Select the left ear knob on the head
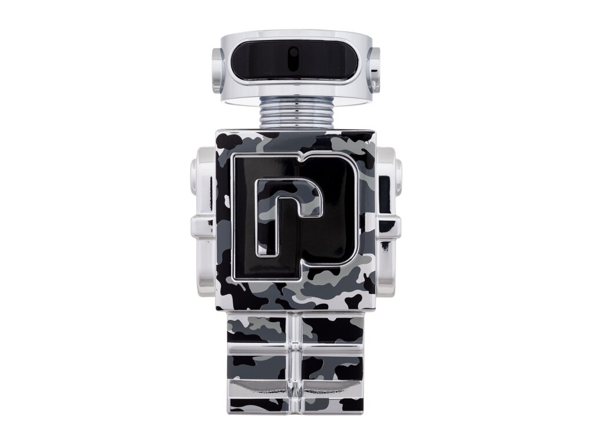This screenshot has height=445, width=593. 217,70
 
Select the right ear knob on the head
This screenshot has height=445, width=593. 374,70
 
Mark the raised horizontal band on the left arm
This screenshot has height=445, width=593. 203,226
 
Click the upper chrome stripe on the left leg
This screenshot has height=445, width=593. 261,349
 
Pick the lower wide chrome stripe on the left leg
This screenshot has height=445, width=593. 261,387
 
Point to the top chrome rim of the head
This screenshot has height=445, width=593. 295,34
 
